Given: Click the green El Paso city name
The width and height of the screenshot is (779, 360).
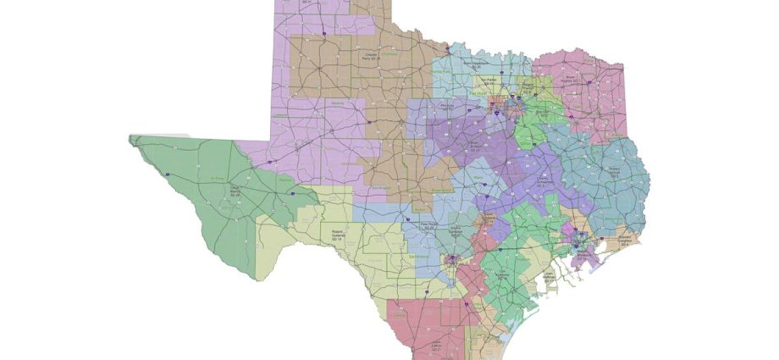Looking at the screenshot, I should pos(218,179).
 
